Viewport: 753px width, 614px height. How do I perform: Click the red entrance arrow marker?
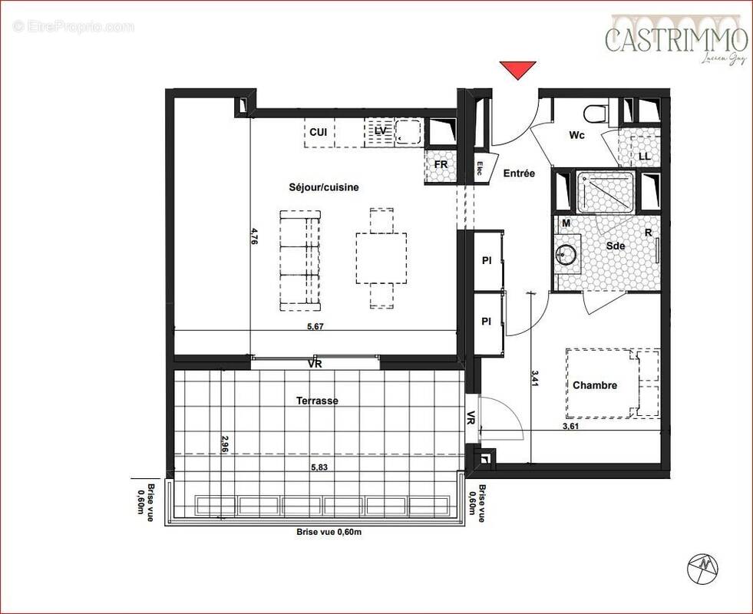coord(517,70)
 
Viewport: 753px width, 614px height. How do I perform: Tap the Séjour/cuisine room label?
coord(323,187)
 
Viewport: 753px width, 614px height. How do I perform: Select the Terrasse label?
coord(317,401)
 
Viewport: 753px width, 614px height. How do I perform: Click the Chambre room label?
coord(594,385)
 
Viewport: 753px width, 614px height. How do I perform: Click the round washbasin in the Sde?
coord(567,254)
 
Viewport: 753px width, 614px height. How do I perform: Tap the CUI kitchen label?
coord(319,133)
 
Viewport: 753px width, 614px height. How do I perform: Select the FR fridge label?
coord(441,164)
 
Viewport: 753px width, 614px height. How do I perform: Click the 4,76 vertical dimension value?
coord(255,235)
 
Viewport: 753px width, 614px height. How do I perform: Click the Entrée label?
coord(519,173)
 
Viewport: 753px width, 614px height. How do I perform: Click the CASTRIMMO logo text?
coord(676,39)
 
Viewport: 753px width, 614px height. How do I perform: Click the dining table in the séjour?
coord(381,258)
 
